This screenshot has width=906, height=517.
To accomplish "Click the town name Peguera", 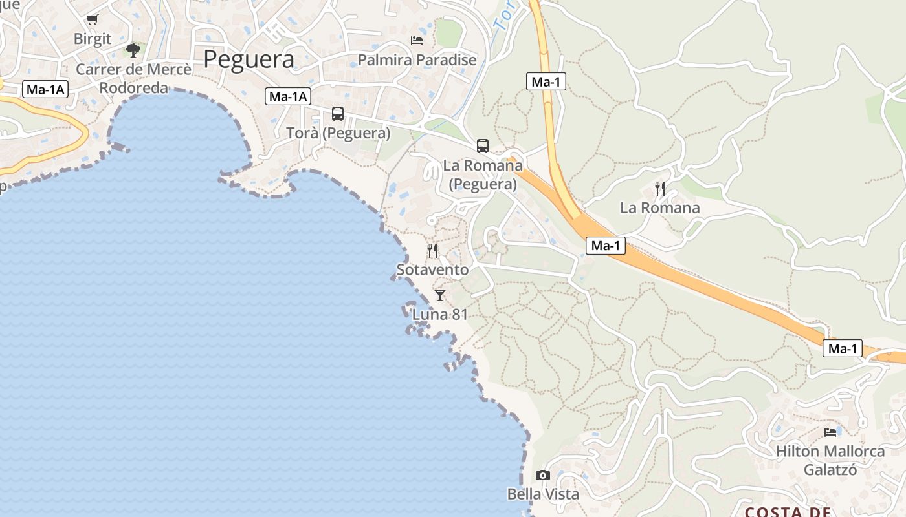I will pos(249,59).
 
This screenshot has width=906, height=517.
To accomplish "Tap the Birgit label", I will pos(93,39).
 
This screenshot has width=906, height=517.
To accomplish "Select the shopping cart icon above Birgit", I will pos(93,20).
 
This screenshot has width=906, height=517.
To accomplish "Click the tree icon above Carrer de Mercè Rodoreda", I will pos(133,50).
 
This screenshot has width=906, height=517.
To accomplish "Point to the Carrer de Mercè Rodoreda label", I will pos(133,78).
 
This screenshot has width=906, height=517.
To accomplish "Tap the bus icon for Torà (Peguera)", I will pos(338,114).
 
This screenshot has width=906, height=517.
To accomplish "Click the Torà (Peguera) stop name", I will pos(338,133).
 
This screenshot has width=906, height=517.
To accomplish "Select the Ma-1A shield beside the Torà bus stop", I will pos(288,97).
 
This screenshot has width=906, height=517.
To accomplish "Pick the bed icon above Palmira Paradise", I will pos(417,41).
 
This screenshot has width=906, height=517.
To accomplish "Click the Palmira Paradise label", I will pos(417,60).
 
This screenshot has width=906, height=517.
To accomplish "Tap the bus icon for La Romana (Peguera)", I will pos(483,146).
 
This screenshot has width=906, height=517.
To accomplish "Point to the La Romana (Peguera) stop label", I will pos(483,174).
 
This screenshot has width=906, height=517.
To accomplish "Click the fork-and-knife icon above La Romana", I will pos(660,188).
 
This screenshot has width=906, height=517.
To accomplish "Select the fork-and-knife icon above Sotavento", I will pos(432,250).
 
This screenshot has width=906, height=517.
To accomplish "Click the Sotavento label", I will pos(432,269).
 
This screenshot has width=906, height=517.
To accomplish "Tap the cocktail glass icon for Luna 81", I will pos(440,295).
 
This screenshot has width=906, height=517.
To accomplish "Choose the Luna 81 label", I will pos(440,315).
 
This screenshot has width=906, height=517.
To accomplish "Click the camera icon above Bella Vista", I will pos(543,476).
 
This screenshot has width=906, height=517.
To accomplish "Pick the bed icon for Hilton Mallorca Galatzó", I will pos(830,432).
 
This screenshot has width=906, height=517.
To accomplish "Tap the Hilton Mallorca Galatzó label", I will pos(830,460).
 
